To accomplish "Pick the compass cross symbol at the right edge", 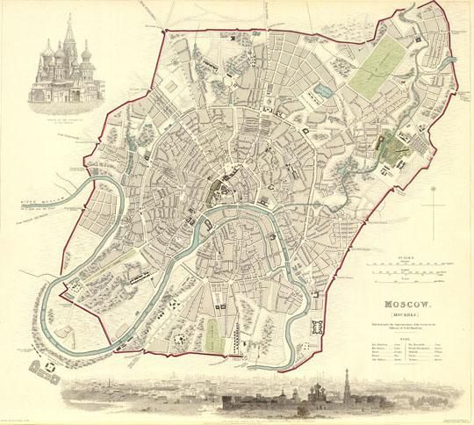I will tap(433, 206).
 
